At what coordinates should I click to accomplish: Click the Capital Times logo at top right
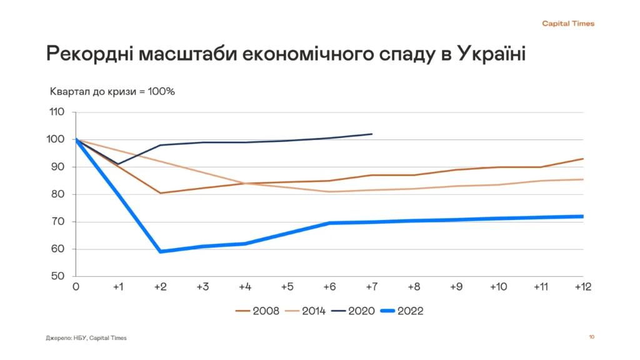[x=567, y=24]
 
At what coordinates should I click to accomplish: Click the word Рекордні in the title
[x=87, y=54]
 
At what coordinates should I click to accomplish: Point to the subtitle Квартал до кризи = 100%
[x=112, y=91]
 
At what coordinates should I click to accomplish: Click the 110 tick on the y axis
[x=57, y=112]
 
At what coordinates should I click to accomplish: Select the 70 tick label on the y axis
[x=57, y=222]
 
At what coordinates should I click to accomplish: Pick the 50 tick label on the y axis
[x=57, y=276]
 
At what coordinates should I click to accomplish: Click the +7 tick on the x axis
[x=371, y=287]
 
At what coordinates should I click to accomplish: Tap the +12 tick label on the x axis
[x=582, y=287]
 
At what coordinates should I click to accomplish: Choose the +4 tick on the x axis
[x=244, y=287]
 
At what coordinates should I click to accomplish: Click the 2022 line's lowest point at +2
[x=161, y=251]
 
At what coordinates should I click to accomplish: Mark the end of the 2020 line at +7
[x=372, y=134]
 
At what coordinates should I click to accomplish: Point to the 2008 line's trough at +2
[x=161, y=192]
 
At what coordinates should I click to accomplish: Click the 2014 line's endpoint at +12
[x=582, y=179]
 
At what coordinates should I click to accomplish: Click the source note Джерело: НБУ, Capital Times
[x=86, y=338]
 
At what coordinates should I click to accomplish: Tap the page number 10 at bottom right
[x=591, y=337]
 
